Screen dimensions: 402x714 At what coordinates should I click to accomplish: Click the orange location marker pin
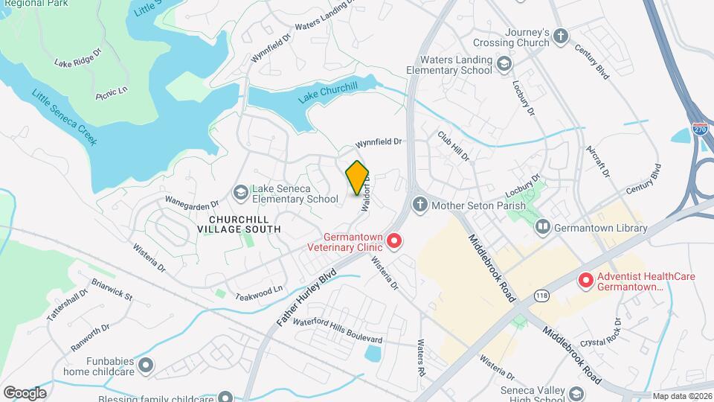point(357,177)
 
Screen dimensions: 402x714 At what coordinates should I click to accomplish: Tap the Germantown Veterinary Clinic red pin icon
point(394,240)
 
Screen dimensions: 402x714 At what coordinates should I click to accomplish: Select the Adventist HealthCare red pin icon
point(585,281)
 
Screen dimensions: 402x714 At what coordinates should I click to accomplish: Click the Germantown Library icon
point(543,226)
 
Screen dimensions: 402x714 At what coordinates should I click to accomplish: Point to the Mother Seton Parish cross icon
point(420,205)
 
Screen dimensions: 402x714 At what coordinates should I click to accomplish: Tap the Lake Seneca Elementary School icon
point(240,193)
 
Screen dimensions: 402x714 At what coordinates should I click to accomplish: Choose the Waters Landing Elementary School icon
point(504,64)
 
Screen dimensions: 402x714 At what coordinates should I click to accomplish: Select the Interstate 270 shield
point(699,129)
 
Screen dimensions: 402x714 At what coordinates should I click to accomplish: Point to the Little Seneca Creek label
point(64,117)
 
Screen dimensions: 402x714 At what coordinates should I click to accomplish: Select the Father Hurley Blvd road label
point(306,296)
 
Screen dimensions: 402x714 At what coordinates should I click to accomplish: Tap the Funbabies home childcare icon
point(146,365)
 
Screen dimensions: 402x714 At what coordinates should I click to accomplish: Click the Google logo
point(24,392)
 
